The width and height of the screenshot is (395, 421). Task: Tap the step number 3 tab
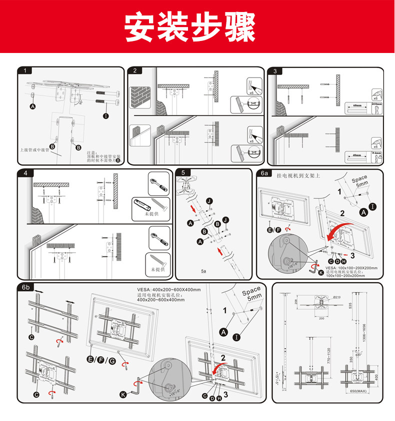pos(274,71)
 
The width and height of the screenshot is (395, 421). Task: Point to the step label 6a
pos(264,173)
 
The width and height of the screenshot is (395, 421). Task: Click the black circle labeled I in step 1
pos(106,116)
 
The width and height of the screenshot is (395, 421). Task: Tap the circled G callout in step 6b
pos(112,359)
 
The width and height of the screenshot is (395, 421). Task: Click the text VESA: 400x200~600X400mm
pos(168,289)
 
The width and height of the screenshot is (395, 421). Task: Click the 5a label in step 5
pos(203,270)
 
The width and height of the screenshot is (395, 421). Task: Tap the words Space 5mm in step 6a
pos(359,181)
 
